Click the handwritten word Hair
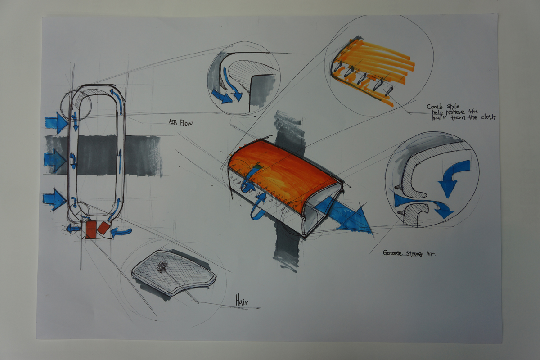tap(242, 300)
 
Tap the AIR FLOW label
tap(180, 122)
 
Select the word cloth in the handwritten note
tap(487, 117)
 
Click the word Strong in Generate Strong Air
tap(414, 254)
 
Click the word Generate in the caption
tap(393, 253)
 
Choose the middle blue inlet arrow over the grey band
tap(55, 161)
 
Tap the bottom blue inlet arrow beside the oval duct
tap(55, 200)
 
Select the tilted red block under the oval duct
tap(103, 228)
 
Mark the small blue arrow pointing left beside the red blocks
tap(73, 229)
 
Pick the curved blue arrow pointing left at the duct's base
tap(120, 233)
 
